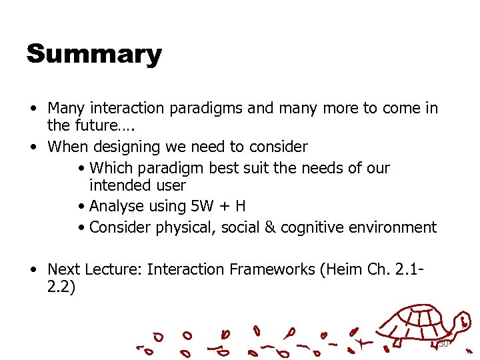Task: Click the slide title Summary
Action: tap(94, 54)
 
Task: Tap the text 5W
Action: tap(197, 206)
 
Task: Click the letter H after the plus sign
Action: tap(240, 206)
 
